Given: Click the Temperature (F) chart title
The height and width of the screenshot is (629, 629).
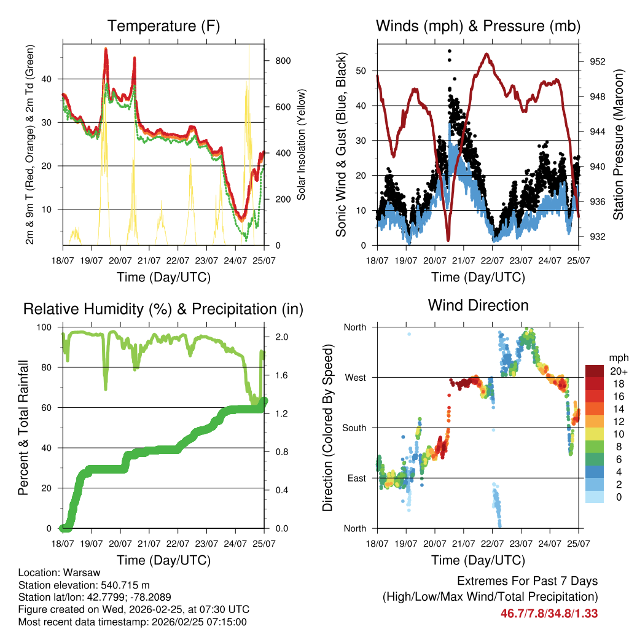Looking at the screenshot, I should point(163,26).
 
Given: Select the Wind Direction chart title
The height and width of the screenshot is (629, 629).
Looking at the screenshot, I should point(478,305).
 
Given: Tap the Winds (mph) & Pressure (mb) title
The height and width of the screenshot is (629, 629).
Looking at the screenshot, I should point(478,26).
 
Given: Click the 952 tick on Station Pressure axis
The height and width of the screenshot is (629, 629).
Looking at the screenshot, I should point(598,61).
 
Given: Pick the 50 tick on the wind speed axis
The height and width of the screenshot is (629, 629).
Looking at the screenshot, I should point(363,71).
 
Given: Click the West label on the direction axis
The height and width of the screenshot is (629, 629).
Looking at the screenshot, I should point(354,378).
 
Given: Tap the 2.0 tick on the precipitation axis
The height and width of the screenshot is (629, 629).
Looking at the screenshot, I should point(279,337).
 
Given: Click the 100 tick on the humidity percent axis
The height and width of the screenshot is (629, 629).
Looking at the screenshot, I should point(46,327).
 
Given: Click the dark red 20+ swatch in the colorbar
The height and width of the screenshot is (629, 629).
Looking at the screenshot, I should point(595,371).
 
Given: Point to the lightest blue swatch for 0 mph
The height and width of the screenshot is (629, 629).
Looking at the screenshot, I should point(595,497).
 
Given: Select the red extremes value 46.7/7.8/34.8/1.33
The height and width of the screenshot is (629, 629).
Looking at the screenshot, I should point(549,613).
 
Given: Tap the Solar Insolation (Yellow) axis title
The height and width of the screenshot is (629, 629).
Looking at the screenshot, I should point(302,144).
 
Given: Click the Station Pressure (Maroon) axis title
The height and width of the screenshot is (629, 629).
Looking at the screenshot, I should point(618,144).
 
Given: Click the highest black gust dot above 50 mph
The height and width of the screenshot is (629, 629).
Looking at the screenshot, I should point(450,52).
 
